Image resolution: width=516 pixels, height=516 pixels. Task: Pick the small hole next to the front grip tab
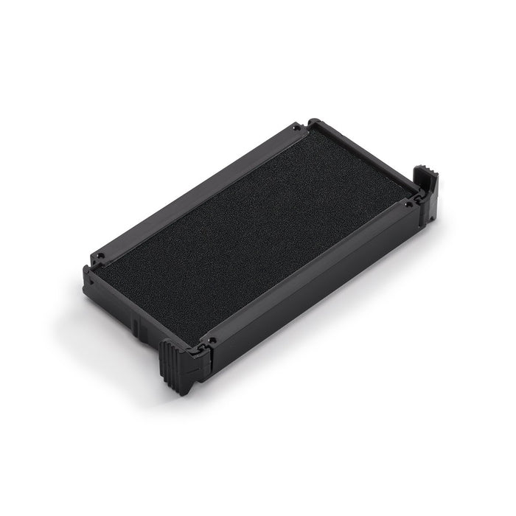pos(212,341)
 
